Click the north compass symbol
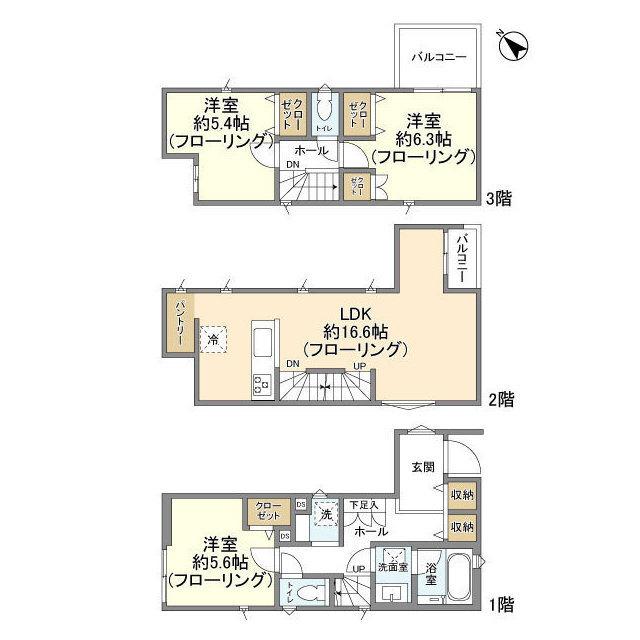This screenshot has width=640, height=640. tap(512, 46)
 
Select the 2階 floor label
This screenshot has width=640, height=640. tap(501, 400)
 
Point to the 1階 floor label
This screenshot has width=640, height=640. tap(501, 604)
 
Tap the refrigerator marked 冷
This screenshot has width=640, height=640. tap(213, 340)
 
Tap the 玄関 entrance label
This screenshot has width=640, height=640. tap(422, 467)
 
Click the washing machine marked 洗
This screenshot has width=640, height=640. tap(324, 514)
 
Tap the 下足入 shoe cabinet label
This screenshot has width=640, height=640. tap(363, 504)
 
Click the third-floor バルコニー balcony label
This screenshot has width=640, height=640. tap(439, 58)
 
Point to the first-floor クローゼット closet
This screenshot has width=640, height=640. tap(267, 511)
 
